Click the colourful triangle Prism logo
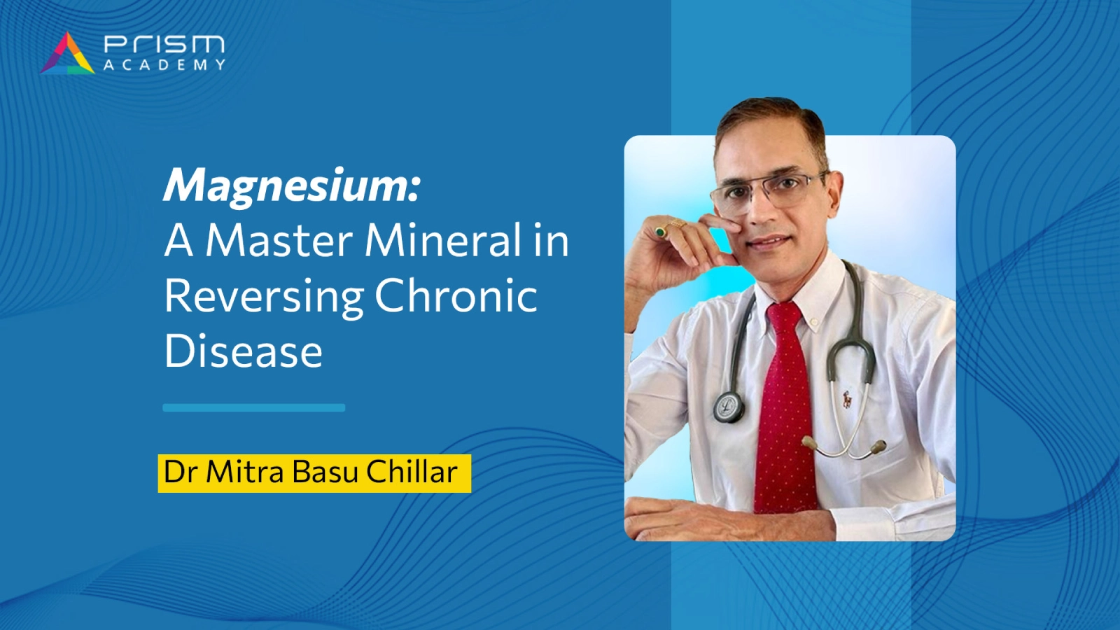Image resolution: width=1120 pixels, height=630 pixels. point(67,53)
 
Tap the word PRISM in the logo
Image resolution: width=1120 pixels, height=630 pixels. point(164,45)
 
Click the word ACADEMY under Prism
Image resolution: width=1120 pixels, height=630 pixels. point(164,65)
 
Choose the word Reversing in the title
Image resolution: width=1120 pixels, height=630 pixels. point(263,297)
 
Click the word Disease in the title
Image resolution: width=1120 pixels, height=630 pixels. point(244,351)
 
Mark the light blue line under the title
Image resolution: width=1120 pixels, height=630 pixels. point(254,407)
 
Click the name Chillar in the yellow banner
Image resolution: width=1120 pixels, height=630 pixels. point(412,472)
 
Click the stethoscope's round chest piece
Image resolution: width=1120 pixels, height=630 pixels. point(729,407)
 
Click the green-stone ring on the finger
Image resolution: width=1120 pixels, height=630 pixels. point(661,231)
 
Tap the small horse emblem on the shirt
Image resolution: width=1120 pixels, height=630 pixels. point(847,400)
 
